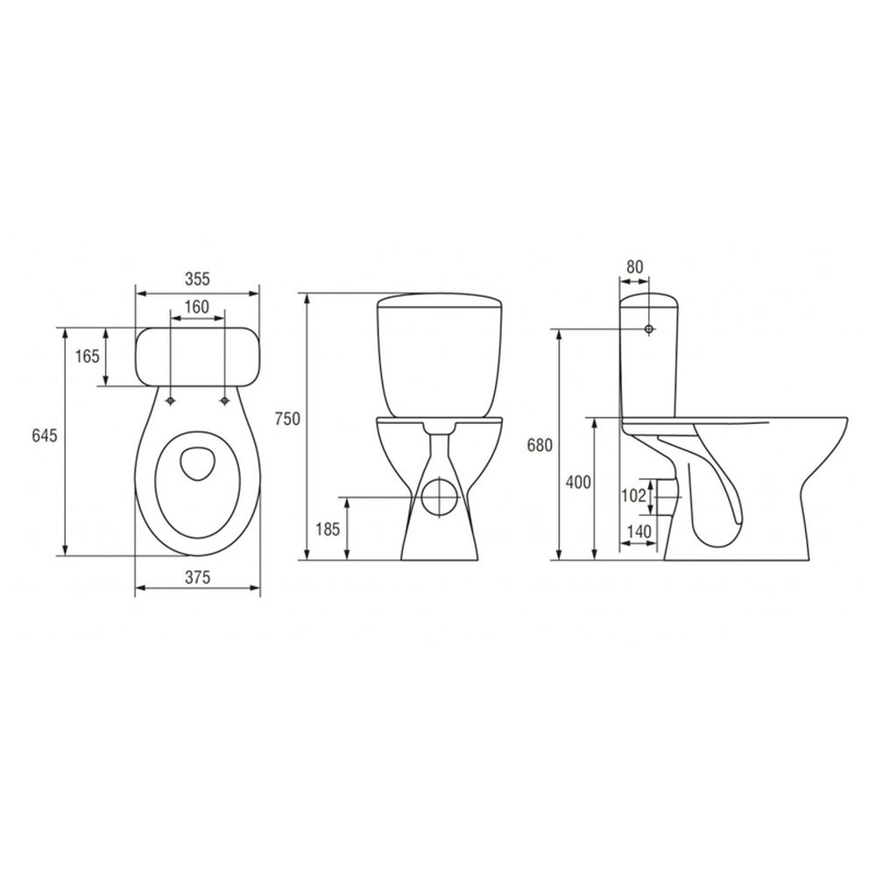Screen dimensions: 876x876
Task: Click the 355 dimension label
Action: [198, 279]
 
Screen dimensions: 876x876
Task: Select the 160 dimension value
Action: [196, 307]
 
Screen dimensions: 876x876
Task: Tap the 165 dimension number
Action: [87, 356]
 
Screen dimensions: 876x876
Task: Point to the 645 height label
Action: [45, 435]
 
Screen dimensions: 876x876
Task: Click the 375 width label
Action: [198, 577]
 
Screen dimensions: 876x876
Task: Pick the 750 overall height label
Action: [287, 419]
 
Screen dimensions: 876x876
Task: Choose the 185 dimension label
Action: [328, 528]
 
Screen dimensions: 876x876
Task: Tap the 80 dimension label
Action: [634, 267]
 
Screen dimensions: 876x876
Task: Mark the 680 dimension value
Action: [540, 445]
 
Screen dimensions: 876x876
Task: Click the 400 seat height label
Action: [577, 482]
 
